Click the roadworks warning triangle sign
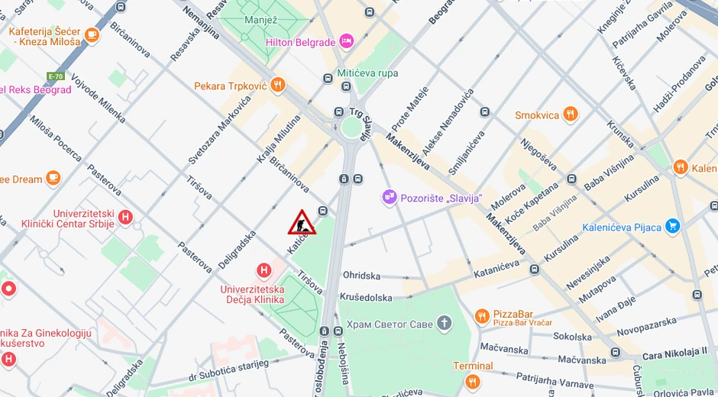tap(302, 222)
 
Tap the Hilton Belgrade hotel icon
tap(347, 41)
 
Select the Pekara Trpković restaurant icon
tap(278, 86)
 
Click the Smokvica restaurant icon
tap(570, 115)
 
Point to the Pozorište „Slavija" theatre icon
tap(390, 198)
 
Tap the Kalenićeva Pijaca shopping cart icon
tap(672, 226)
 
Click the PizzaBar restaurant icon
tap(481, 316)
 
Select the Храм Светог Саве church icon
tap(445, 324)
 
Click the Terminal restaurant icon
tap(473, 380)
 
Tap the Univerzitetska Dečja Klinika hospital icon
tap(264, 270)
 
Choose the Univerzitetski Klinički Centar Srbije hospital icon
tap(126, 218)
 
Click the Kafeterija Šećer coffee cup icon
tap(92, 35)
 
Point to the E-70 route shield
tap(56, 76)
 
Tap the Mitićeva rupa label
tap(367, 73)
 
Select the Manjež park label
tap(260, 20)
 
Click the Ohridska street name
tap(361, 275)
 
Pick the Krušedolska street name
tap(367, 297)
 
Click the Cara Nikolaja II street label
tap(674, 352)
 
